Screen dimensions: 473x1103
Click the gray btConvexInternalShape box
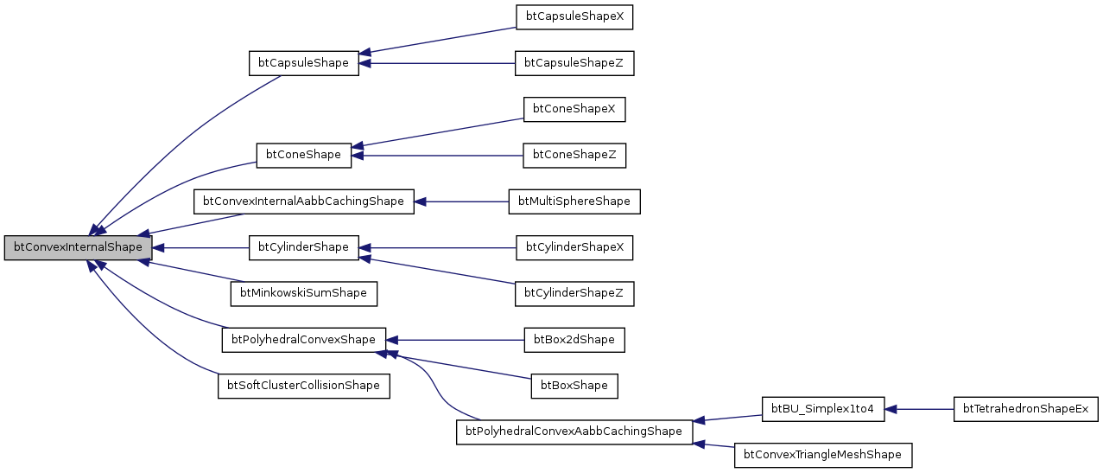pos(78,247)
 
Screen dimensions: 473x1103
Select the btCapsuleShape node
pos(303,63)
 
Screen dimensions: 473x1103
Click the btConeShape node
pos(303,155)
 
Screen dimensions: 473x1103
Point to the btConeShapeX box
pos(574,109)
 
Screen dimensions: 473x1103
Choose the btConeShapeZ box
pos(574,155)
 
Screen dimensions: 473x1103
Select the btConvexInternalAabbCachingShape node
pos(303,201)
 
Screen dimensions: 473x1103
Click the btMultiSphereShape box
pos(574,201)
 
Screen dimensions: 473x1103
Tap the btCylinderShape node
pos(303,247)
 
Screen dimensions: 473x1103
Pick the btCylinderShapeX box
pos(574,247)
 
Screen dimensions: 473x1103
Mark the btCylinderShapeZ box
pos(574,293)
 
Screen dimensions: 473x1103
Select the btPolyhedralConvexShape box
pos(303,339)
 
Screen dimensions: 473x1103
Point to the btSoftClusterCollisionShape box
pos(303,385)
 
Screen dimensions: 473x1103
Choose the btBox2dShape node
pos(574,339)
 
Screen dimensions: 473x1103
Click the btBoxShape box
pos(574,385)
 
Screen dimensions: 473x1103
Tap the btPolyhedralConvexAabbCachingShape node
pos(574,431)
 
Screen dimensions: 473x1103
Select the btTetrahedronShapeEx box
pos(1025,408)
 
